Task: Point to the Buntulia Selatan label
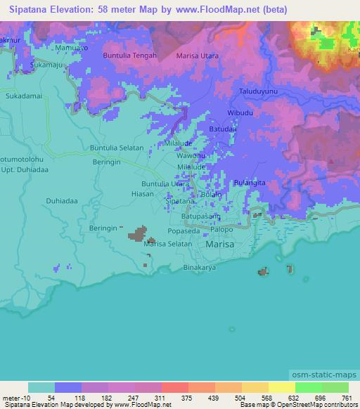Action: (117, 148)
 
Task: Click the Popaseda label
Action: (186, 230)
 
